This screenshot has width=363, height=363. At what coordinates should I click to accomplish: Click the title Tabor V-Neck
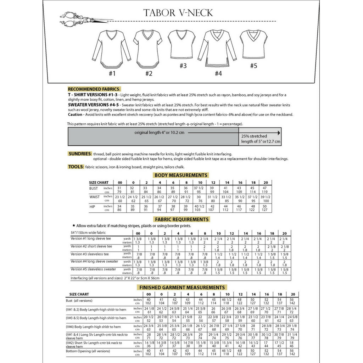(178, 13)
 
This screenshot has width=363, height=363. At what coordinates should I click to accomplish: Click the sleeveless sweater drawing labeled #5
(253, 44)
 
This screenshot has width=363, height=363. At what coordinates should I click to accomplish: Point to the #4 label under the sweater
(218, 73)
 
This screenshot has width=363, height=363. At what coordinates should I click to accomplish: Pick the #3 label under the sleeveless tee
(183, 66)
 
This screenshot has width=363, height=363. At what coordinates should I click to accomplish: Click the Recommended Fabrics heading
(94, 89)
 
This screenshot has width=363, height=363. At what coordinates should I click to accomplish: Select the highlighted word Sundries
(80, 153)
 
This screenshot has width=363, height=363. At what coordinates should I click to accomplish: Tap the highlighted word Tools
(76, 167)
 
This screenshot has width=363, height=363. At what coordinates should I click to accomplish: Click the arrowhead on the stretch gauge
(279, 133)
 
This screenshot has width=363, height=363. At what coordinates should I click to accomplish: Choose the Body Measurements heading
(181, 175)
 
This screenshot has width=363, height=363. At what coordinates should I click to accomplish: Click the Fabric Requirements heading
(181, 219)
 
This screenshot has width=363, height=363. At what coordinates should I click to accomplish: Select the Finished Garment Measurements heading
(182, 287)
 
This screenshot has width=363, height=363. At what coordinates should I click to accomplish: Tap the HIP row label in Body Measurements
(93, 206)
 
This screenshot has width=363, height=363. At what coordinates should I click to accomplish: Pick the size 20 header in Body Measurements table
(266, 183)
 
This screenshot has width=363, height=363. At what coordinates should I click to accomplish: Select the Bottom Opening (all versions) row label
(88, 351)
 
